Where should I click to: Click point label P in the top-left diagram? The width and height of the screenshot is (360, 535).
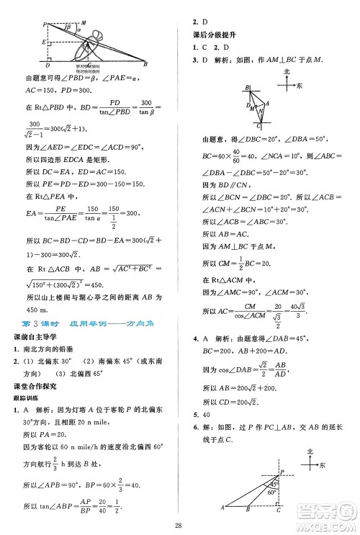pyautogui.click(x=45, y=24)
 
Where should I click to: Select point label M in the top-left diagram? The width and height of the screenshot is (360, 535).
pyautogui.click(x=85, y=21)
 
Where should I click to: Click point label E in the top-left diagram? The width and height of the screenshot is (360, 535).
pyautogui.click(x=44, y=42)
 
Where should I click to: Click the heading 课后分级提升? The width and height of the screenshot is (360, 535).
pyautogui.click(x=211, y=35)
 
